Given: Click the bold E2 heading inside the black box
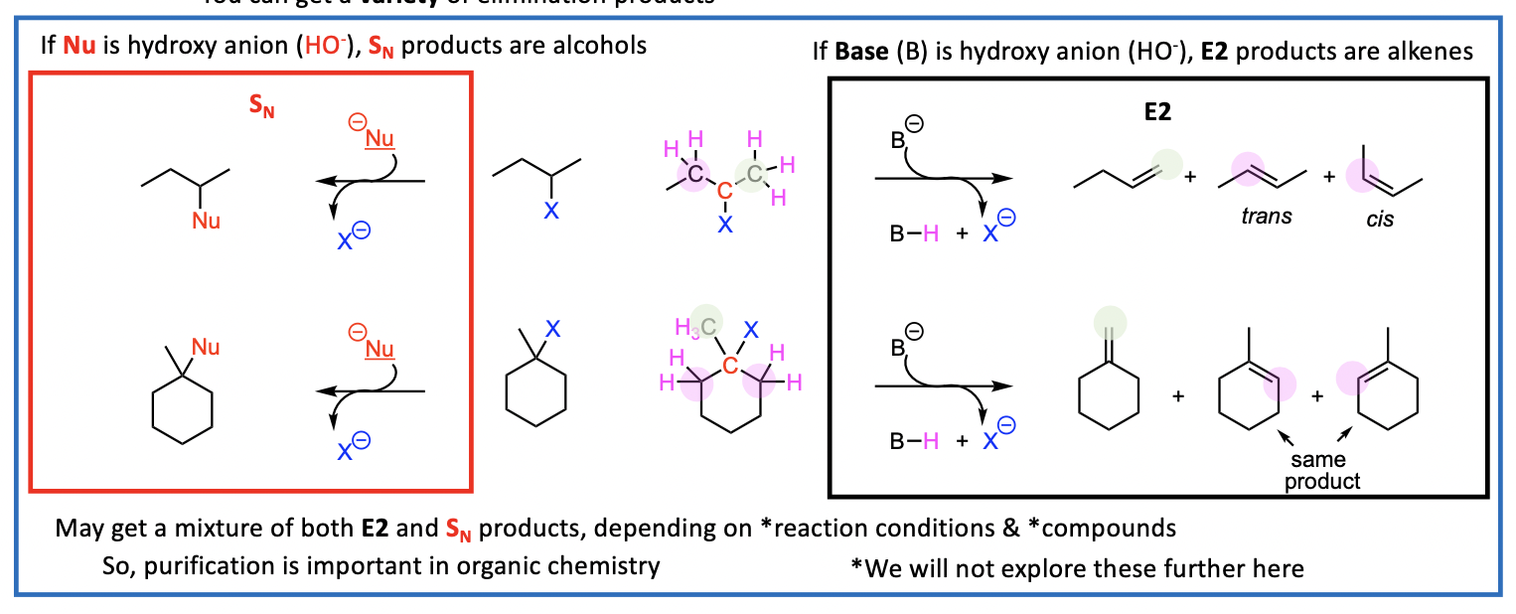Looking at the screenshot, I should (1158, 112).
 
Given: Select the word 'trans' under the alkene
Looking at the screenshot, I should (1266, 216).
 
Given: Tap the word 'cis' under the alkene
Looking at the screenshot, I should (1379, 219).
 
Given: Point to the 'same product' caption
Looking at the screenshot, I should (1321, 471).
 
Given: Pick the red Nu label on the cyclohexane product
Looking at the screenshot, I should (206, 347).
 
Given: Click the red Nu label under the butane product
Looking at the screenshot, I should (206, 221).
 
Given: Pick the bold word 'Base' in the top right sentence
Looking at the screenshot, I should (862, 52).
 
